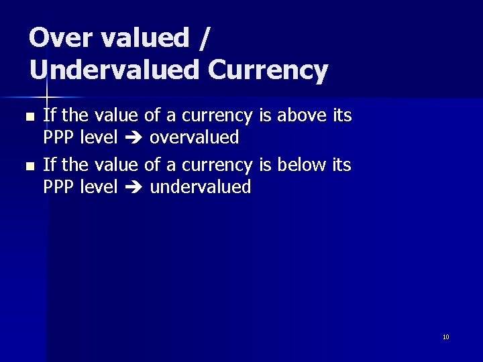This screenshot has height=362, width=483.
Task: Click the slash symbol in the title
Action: click(x=204, y=39)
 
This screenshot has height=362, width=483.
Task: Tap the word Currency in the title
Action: click(x=268, y=70)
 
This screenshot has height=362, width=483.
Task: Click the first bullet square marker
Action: click(x=28, y=117)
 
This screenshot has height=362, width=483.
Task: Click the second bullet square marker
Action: click(x=28, y=165)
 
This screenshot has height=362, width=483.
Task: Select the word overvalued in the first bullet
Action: click(x=194, y=137)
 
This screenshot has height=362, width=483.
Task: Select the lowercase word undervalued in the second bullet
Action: click(x=200, y=186)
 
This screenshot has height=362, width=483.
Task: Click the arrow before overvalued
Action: click(x=133, y=138)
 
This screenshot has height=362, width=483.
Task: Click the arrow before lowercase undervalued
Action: click(x=133, y=187)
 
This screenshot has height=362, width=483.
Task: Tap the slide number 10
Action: click(x=446, y=337)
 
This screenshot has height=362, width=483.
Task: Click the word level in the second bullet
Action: click(x=99, y=186)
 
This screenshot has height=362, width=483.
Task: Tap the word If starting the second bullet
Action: click(x=49, y=164)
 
